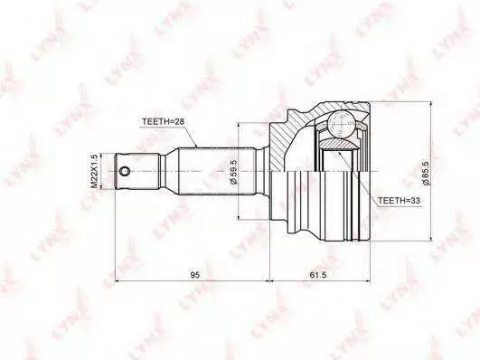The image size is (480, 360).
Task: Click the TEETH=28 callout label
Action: pyautogui.click(x=163, y=121)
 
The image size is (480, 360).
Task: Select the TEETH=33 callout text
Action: pyautogui.click(x=399, y=201)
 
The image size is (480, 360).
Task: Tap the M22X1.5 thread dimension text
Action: pyautogui.click(x=95, y=172)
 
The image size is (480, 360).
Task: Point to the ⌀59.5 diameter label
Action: pyautogui.click(x=233, y=172)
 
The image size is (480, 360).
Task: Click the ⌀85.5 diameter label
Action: pyautogui.click(x=427, y=174)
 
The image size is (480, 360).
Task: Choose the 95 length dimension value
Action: pyautogui.click(x=195, y=275)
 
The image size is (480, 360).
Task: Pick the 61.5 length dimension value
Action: pyautogui.click(x=318, y=275)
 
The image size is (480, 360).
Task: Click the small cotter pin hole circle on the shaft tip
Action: pyautogui.click(x=125, y=171)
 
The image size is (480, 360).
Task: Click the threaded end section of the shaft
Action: pyautogui.click(x=137, y=171)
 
